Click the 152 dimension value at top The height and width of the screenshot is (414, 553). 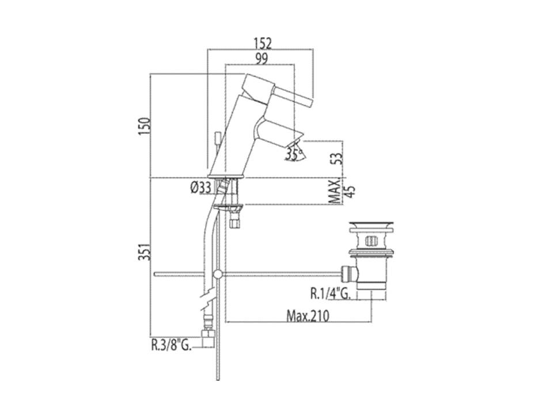coord(263,43)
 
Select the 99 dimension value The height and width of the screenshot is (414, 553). coord(262,59)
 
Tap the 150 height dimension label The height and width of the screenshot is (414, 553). coord(145,126)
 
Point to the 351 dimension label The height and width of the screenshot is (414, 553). coord(145,251)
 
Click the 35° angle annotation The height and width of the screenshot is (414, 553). coord(294,154)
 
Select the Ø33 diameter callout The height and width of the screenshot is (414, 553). coord(200,187)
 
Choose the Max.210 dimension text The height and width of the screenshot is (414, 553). coord(308,316)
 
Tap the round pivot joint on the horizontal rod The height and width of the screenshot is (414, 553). coord(218,274)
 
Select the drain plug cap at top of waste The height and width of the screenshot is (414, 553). coord(370,225)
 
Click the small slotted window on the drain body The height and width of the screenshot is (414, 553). coord(370,241)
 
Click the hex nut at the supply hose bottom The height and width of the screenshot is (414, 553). coord(208,333)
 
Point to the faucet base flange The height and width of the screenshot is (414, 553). coord(226,176)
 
